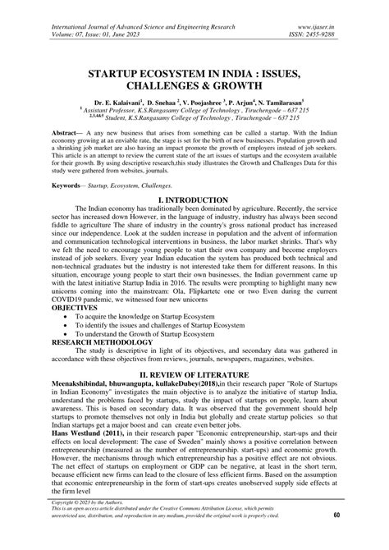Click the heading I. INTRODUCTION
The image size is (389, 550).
click(x=194, y=200)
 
